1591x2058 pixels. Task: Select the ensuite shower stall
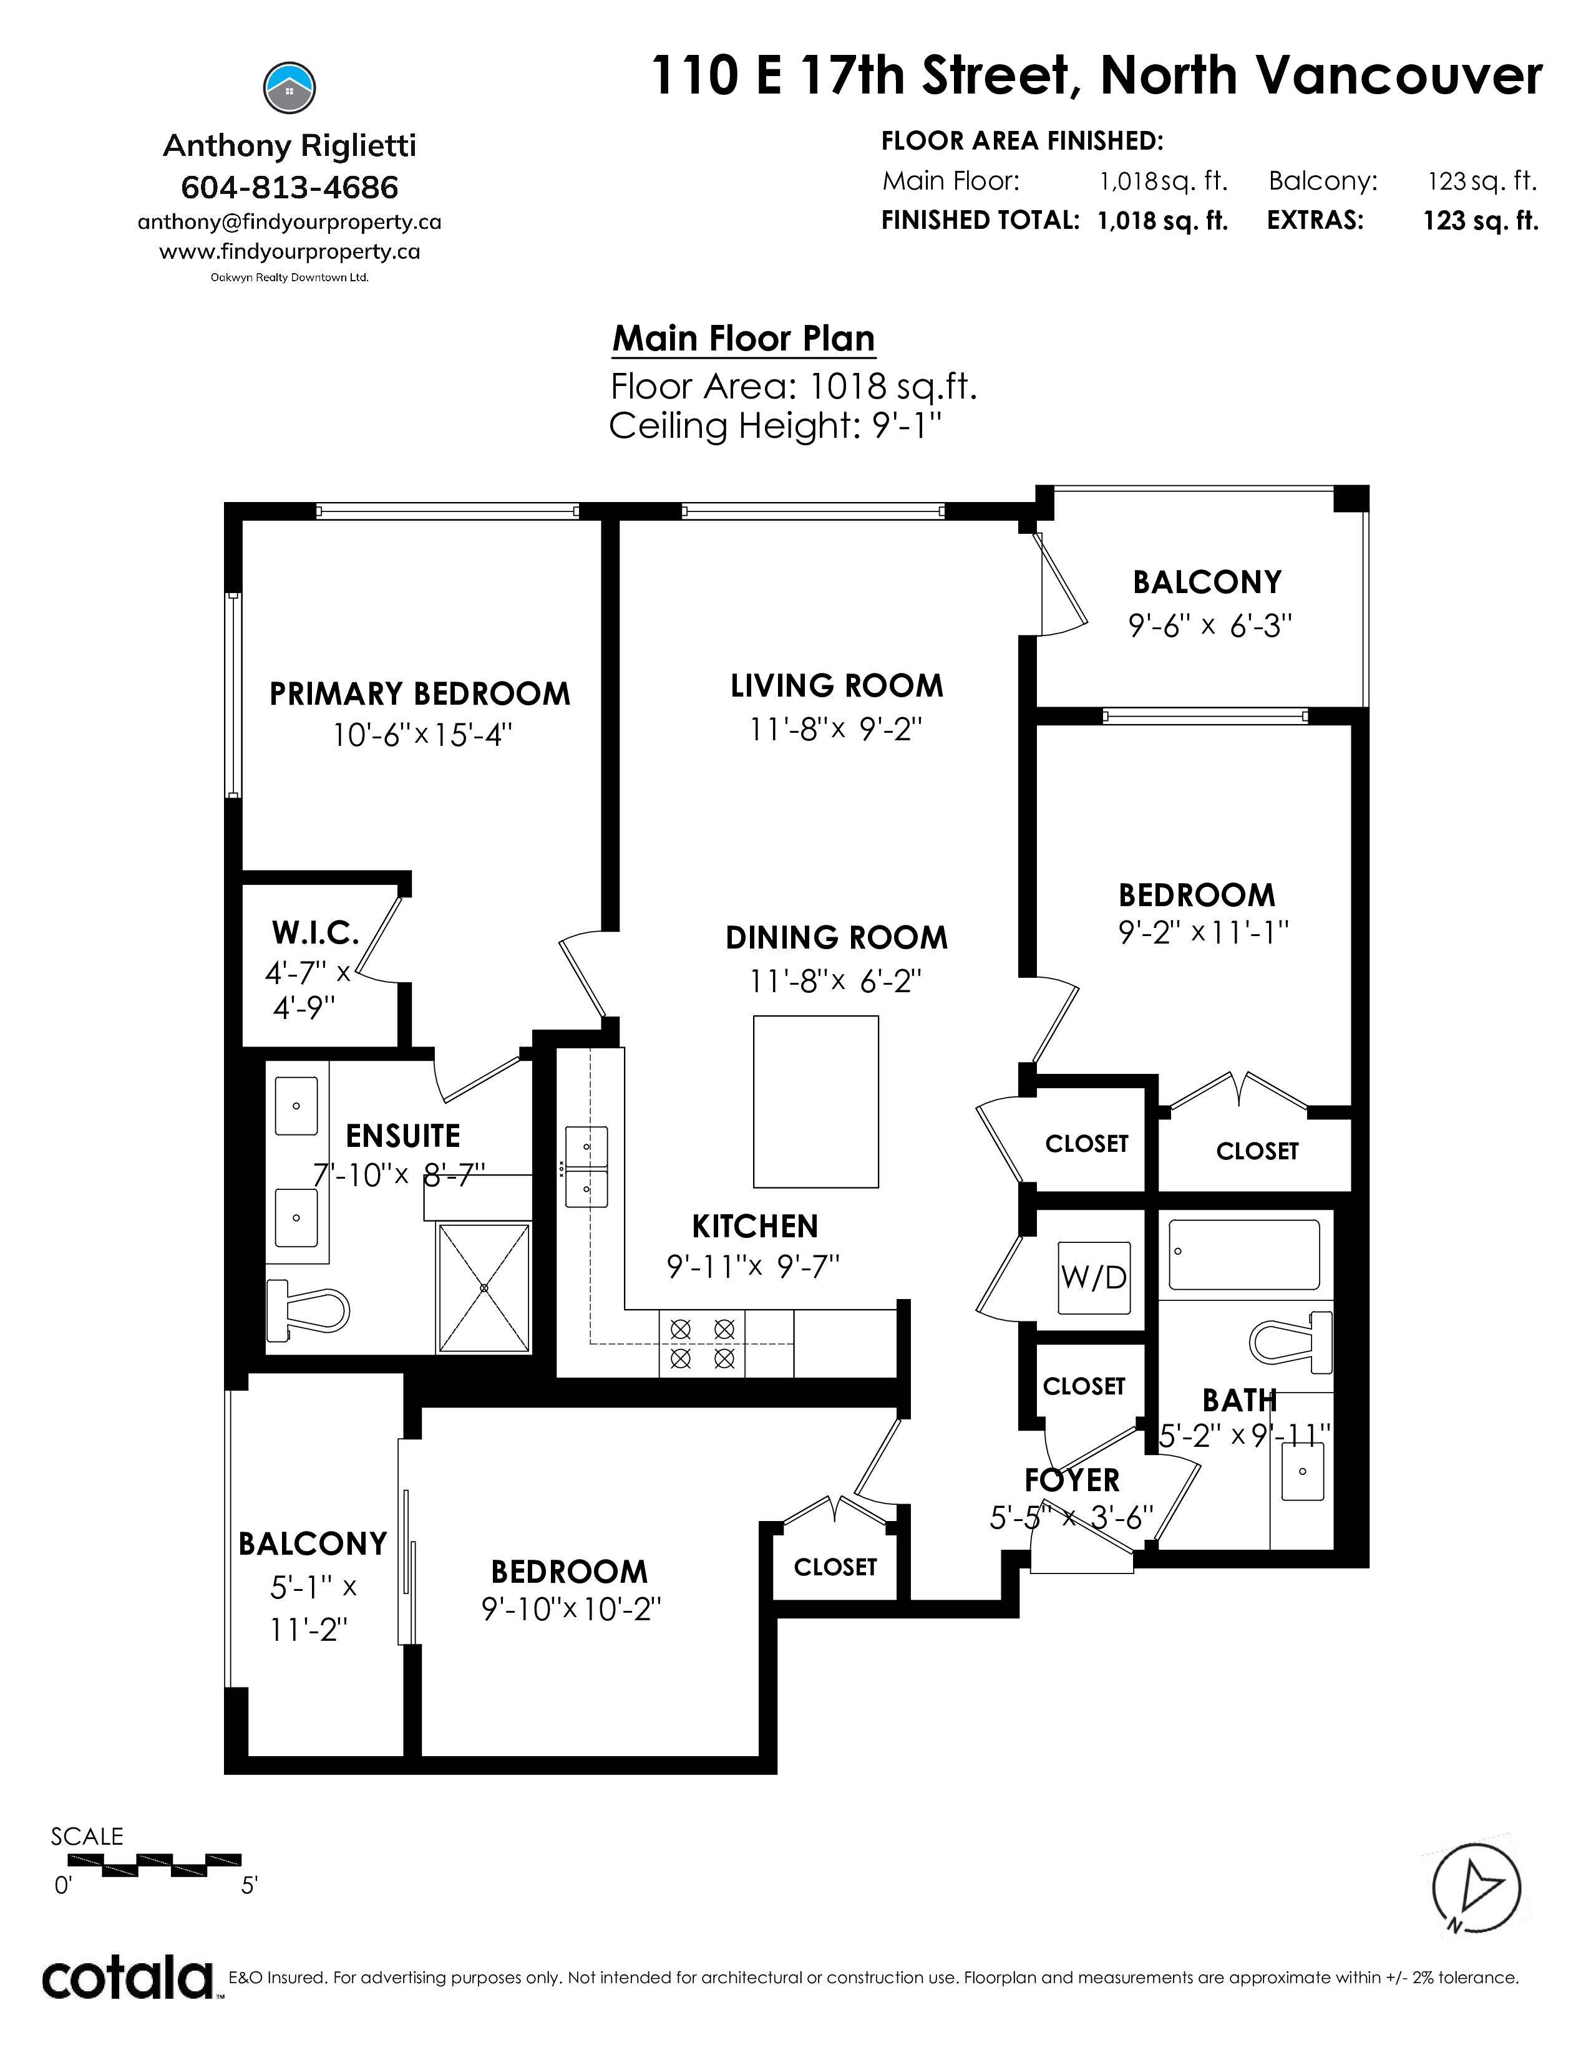click(x=484, y=1287)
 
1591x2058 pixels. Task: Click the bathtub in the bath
click(x=1244, y=1254)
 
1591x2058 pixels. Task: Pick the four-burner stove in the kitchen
click(x=701, y=1343)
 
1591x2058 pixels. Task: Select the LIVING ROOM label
click(x=837, y=686)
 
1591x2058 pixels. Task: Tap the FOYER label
click(x=1073, y=1481)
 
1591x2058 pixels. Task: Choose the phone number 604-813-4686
click(x=289, y=188)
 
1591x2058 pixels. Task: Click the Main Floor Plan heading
click(x=744, y=338)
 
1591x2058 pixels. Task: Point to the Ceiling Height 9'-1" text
click(x=776, y=426)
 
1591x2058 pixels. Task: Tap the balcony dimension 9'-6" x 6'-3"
click(x=1210, y=626)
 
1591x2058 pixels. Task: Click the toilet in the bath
click(x=1290, y=1341)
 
